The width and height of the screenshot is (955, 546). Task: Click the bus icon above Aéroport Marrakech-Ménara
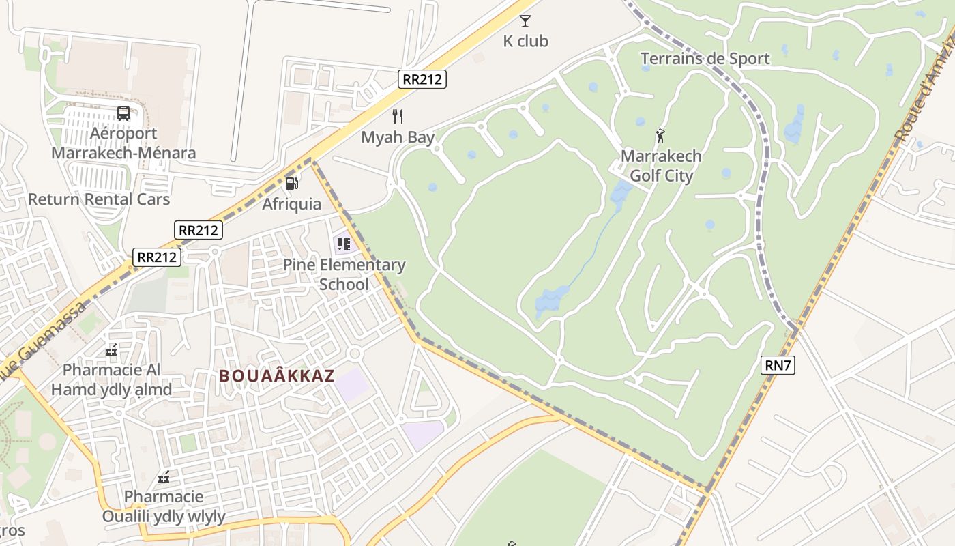click(x=123, y=113)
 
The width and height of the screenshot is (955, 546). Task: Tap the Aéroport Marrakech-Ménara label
click(x=123, y=143)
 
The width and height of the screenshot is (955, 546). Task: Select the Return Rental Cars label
click(x=99, y=199)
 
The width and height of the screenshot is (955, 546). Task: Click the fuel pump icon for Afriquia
click(x=291, y=184)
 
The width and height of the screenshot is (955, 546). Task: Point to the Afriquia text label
click(x=291, y=203)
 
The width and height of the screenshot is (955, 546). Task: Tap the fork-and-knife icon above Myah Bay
click(x=398, y=117)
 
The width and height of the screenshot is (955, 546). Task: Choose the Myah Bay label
click(x=398, y=137)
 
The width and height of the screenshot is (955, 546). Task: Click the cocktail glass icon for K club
click(x=525, y=21)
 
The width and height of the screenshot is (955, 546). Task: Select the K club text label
click(x=525, y=41)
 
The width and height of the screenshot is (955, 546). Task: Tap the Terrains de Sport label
click(x=705, y=59)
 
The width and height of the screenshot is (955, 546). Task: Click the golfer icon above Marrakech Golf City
click(x=660, y=136)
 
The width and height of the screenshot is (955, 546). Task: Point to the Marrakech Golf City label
click(x=661, y=166)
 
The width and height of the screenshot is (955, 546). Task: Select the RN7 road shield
click(x=778, y=365)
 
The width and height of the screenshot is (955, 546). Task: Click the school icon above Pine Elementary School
click(x=343, y=244)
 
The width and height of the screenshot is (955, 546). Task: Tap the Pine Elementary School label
click(x=344, y=274)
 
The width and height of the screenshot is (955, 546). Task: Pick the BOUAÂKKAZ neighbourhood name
click(x=277, y=376)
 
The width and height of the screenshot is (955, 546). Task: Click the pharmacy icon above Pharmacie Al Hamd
click(x=111, y=350)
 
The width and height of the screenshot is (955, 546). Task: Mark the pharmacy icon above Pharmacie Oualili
click(x=164, y=477)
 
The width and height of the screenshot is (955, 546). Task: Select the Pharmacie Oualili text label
click(x=164, y=506)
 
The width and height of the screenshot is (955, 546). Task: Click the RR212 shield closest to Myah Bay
click(x=422, y=79)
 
